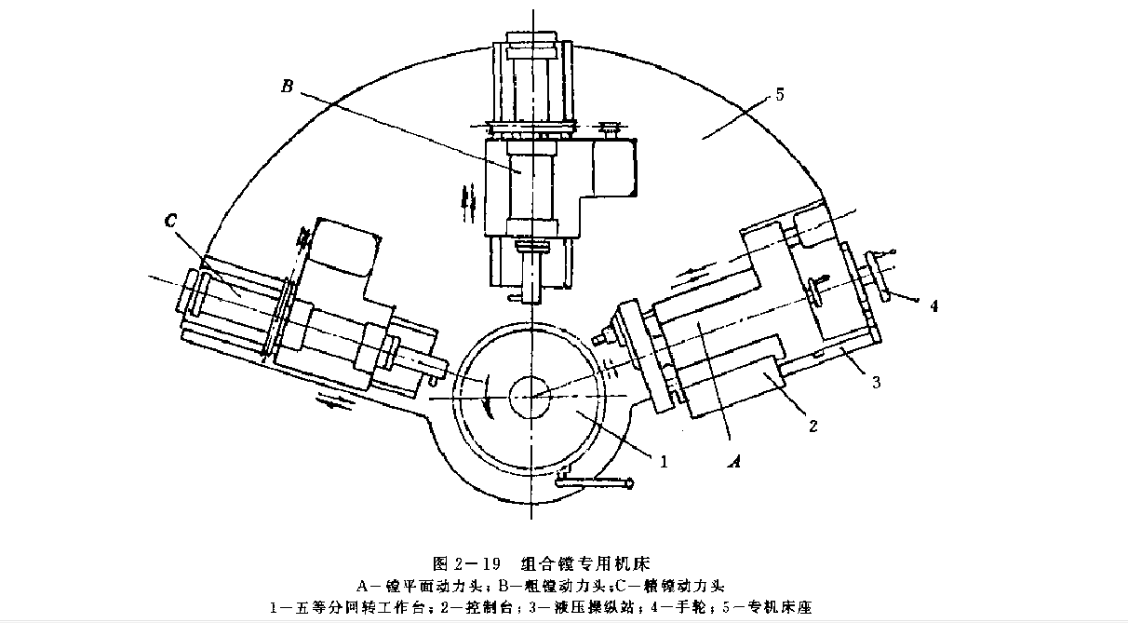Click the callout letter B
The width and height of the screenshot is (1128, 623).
point(287,88)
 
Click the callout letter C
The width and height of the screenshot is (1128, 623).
point(171,223)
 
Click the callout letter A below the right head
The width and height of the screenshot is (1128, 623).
point(734,459)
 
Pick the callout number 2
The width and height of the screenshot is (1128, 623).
point(812,427)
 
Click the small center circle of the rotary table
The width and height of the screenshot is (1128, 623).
point(530,395)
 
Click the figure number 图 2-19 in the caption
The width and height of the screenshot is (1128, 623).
point(467,563)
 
